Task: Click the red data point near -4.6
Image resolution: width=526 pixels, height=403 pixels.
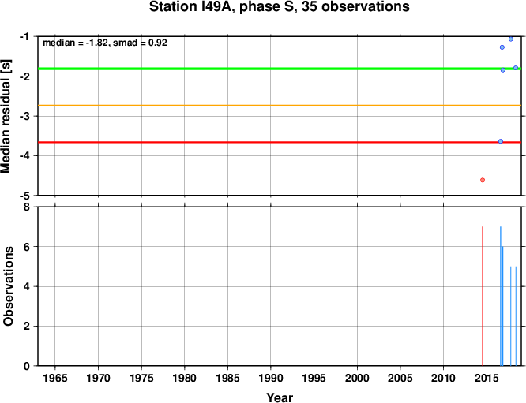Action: tap(483, 181)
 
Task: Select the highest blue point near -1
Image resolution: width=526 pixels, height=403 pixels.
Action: tap(511, 39)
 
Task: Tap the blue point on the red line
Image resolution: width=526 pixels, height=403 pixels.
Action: tap(501, 141)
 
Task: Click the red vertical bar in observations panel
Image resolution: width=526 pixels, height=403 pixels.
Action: tap(483, 296)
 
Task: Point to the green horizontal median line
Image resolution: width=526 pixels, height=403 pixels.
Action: tap(280, 69)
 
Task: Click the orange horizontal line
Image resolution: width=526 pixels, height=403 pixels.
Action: tap(280, 106)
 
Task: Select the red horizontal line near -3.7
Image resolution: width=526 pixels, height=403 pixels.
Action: tap(280, 143)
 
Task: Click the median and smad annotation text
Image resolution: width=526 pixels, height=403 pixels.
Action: tap(105, 43)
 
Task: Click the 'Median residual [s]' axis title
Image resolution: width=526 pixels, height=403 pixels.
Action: tap(6, 116)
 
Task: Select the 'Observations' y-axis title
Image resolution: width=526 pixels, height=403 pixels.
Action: tap(8, 286)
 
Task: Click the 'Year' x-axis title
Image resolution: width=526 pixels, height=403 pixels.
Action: tap(280, 397)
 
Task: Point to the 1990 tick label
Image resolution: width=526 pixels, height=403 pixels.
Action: tap(271, 379)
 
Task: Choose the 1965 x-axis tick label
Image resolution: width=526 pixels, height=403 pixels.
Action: tap(55, 379)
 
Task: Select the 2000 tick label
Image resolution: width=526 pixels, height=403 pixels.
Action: tap(357, 379)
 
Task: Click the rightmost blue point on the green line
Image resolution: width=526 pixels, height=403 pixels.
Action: tap(516, 68)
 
